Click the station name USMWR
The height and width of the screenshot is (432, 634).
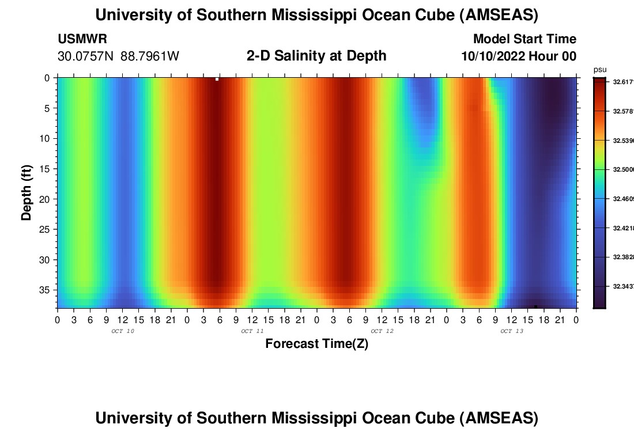[82, 39]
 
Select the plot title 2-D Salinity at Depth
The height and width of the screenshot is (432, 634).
[316, 56]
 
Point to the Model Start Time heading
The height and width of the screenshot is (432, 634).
[524, 39]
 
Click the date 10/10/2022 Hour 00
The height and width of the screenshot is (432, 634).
[519, 56]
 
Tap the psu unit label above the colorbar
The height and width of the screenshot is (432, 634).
[599, 70]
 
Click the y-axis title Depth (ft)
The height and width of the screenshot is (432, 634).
[27, 193]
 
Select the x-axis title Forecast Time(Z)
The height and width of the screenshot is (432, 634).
[316, 344]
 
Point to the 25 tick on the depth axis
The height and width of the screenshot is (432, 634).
[47, 229]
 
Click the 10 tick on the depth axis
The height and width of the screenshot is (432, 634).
[47, 138]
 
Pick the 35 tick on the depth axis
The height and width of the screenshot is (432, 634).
[47, 290]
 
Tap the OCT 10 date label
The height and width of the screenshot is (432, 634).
[123, 331]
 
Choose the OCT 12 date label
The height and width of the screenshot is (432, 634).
[382, 331]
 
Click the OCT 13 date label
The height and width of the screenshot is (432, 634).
[512, 331]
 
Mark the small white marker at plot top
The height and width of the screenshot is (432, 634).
[217, 79]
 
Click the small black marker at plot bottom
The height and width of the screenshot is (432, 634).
[535, 306]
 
